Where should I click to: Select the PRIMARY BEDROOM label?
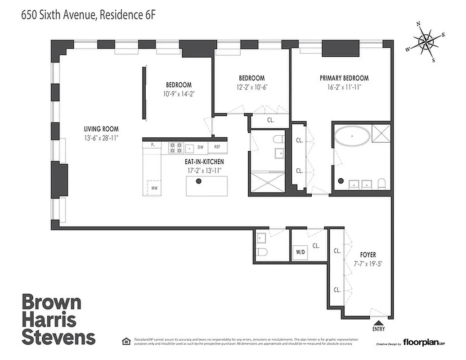(x=344, y=78)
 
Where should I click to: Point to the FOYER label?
(x=368, y=254)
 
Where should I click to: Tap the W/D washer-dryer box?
(x=300, y=252)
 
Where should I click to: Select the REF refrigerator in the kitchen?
(x=217, y=147)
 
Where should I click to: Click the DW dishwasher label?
(x=201, y=147)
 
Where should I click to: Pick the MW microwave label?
(x=154, y=188)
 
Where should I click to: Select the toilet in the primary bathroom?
(x=382, y=183)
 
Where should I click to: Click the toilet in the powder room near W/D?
(x=262, y=251)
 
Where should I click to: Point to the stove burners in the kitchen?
(x=174, y=146)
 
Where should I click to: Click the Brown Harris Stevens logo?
(x=58, y=319)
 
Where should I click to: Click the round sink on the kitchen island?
(x=198, y=181)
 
